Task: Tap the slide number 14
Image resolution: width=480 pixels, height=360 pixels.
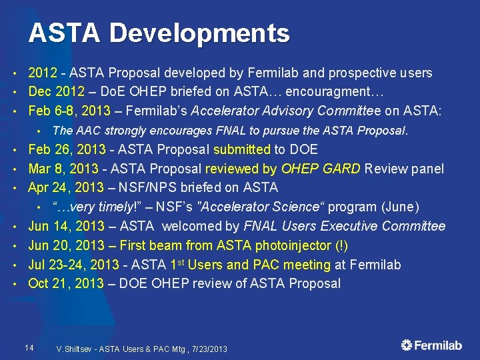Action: coord(29,347)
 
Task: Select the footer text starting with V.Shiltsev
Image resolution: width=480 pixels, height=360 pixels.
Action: coord(142,349)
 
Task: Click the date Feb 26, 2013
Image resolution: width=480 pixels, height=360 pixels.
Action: coord(66,150)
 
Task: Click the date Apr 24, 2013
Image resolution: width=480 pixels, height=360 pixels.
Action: coord(66,188)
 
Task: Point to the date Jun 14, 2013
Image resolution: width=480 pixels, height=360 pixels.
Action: coord(66,227)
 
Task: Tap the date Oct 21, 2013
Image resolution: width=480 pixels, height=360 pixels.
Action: coord(66,283)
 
